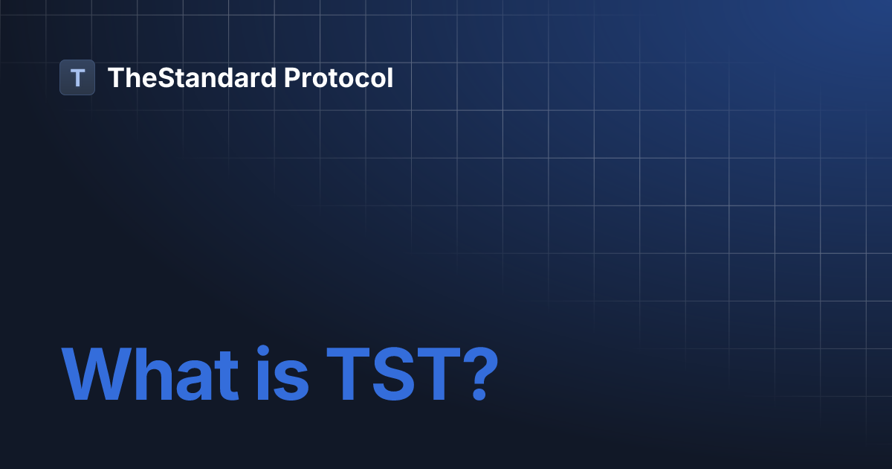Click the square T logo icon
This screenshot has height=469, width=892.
(77, 77)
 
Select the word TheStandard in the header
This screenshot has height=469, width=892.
(192, 77)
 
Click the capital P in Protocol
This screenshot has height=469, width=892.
(292, 77)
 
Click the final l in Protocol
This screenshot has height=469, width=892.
(390, 77)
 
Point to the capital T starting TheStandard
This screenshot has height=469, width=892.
(115, 77)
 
